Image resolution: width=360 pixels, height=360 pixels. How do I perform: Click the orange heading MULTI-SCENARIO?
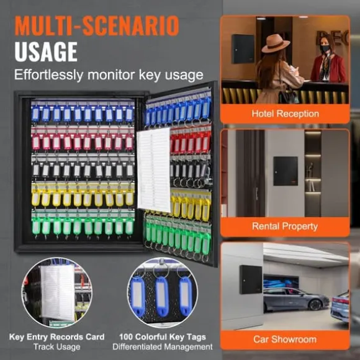click(x=97, y=25)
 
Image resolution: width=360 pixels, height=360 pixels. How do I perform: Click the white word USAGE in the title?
click(x=46, y=52)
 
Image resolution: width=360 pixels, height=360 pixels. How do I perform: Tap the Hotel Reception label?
click(x=285, y=114)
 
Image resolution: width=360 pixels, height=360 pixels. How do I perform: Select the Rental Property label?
click(x=285, y=227)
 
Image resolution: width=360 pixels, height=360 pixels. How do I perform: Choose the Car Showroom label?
click(x=285, y=340)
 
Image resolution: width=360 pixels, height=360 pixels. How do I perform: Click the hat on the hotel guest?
click(x=276, y=43)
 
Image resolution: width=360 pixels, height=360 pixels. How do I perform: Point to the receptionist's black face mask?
click(x=325, y=48)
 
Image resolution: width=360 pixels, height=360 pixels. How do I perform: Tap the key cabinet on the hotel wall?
click(x=243, y=49)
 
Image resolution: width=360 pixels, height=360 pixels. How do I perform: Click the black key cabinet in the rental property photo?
click(x=286, y=171)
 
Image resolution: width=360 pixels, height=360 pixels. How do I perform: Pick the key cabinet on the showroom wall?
click(x=251, y=280)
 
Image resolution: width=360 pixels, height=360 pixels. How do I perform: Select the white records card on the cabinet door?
click(x=153, y=170)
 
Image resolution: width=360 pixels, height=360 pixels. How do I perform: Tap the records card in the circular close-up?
click(x=58, y=292)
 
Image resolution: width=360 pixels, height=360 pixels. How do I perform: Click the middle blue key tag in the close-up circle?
click(x=162, y=296)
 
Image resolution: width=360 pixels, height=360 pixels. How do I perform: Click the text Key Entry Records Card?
click(x=56, y=337)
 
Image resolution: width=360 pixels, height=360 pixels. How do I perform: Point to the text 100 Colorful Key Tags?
click(x=163, y=337)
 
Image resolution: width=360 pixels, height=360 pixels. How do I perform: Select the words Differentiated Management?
click(x=163, y=347)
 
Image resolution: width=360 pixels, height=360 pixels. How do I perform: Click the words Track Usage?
click(x=56, y=347)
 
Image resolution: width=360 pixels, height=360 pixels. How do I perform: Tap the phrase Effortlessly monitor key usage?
click(x=109, y=75)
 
